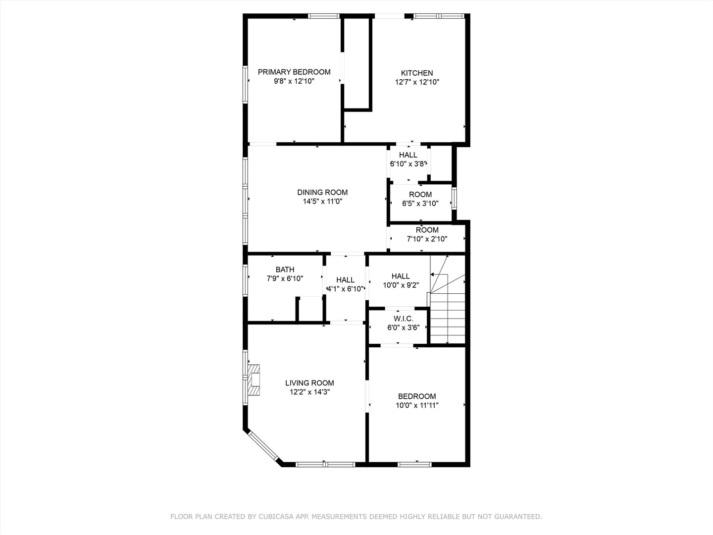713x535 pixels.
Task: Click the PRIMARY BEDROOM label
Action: (x=294, y=72)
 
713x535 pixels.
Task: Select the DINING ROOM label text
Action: (x=322, y=192)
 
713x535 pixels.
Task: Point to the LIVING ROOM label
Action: (x=309, y=383)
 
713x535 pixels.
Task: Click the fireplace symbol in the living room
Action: (x=255, y=380)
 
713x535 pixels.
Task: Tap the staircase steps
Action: (x=448, y=317)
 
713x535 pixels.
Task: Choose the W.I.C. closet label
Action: (x=404, y=319)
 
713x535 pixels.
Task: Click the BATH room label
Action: (x=285, y=269)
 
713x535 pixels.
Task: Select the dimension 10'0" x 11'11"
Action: (x=417, y=405)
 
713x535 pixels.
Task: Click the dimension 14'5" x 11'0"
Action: (x=322, y=202)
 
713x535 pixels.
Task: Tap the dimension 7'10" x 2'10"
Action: (x=427, y=239)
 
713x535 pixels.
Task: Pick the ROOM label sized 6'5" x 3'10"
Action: (x=420, y=194)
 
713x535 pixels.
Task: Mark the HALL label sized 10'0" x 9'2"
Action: (x=401, y=276)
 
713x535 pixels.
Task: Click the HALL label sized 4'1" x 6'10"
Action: (x=345, y=280)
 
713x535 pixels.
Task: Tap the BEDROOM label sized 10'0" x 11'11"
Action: (x=417, y=396)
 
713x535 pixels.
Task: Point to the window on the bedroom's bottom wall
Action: (x=415, y=464)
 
